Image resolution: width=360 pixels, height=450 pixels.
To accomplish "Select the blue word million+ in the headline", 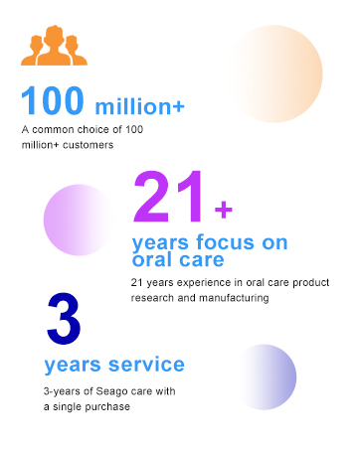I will point(140,105).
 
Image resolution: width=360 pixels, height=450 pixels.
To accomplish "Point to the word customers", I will point(93,145).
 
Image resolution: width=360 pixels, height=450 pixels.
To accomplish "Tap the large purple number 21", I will point(171,200).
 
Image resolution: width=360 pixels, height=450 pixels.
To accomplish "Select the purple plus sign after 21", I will point(224,209).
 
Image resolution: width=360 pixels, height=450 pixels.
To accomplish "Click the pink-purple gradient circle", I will point(81,221).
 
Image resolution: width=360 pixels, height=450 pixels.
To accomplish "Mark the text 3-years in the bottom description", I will point(63,391).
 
